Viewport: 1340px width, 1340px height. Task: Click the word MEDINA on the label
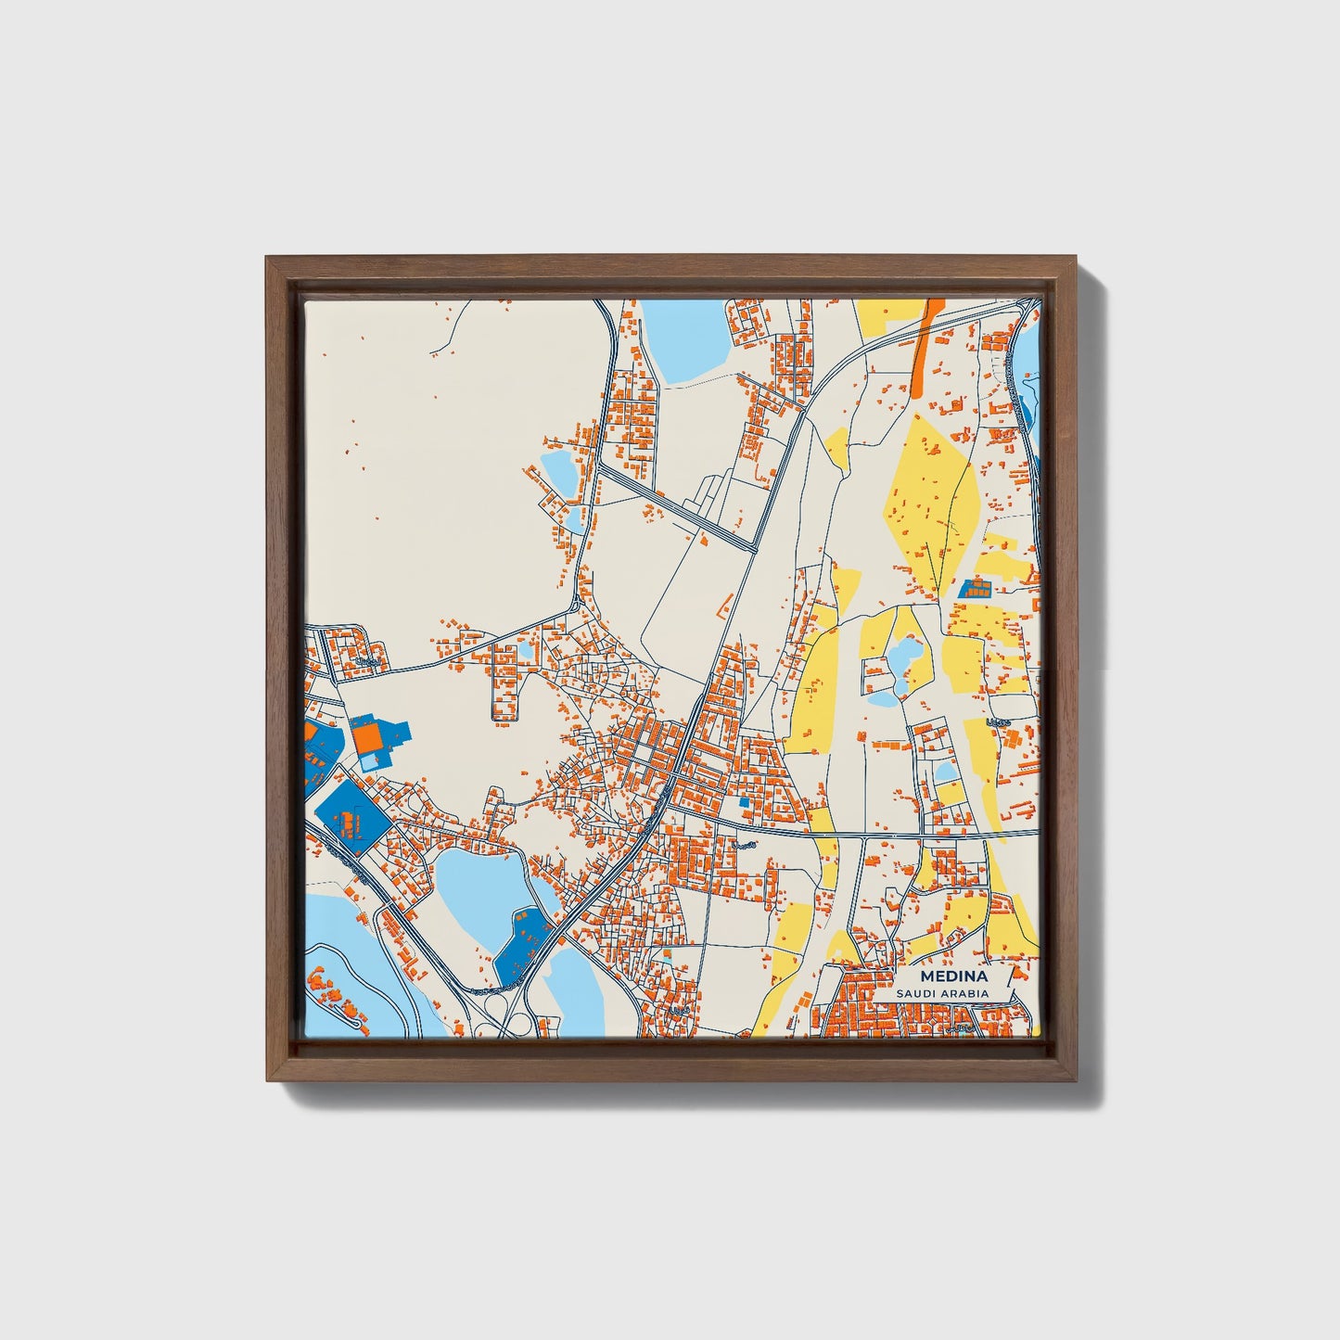pos(954,977)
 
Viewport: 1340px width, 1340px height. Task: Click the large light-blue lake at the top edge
pos(686,338)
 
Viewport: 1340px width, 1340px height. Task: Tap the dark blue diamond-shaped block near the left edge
pos(351,817)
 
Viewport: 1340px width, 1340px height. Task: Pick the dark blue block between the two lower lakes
pos(522,946)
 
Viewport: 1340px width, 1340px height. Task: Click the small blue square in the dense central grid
pos(743,801)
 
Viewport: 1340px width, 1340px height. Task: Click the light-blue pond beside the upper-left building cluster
pos(559,469)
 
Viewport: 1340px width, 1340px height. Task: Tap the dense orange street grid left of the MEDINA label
pos(858,1010)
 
